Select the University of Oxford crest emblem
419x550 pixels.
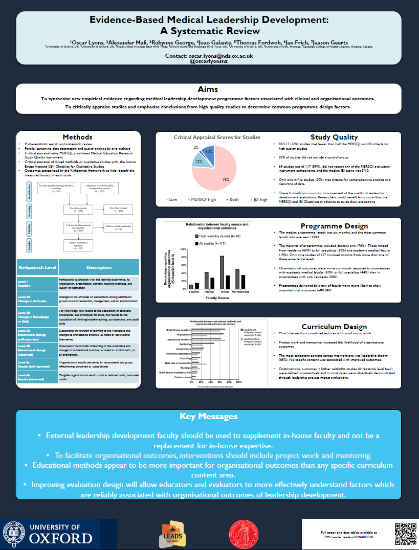(x=13, y=534)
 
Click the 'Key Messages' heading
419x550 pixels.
(x=209, y=417)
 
